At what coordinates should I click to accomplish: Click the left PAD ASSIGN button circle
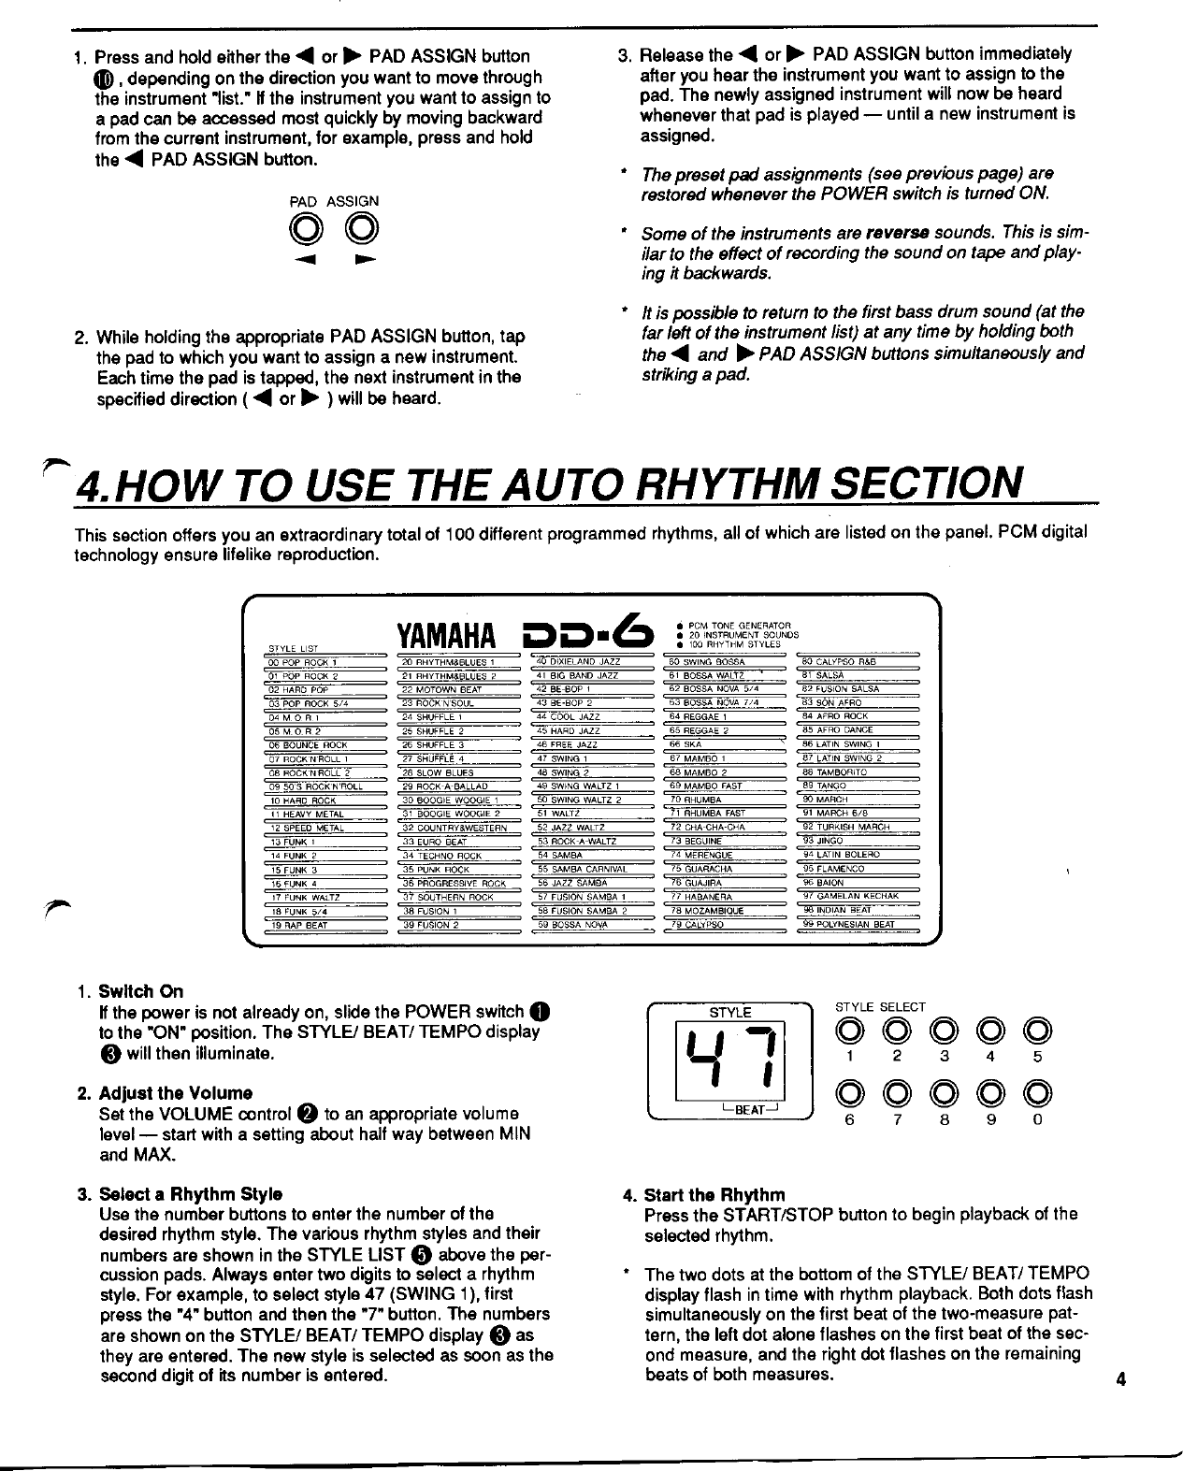click(x=302, y=227)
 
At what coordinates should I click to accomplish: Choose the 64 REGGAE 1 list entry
click(x=706, y=716)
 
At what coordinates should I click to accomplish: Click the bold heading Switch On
click(x=140, y=991)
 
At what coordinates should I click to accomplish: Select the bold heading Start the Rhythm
click(x=714, y=1195)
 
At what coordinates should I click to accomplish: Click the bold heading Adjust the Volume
click(x=175, y=1093)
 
